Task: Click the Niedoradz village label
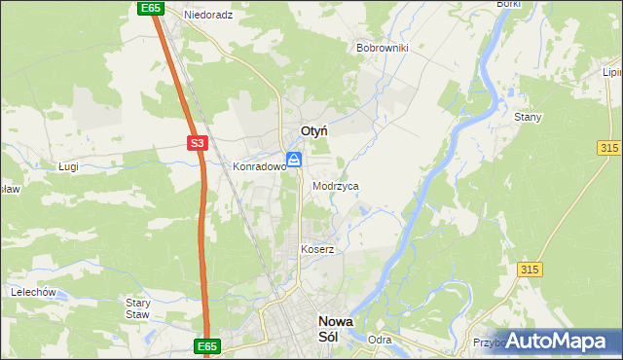(209, 16)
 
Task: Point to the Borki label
(508, 4)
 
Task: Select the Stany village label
(528, 117)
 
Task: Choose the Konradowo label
(258, 166)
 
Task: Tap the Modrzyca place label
(336, 185)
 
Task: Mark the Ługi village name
(67, 166)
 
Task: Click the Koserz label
(317, 249)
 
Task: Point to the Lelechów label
(35, 291)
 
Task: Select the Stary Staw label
(138, 308)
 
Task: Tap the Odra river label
(380, 340)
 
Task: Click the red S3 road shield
(198, 143)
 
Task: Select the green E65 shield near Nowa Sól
(206, 345)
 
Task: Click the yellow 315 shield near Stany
(609, 146)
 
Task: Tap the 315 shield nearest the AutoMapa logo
(530, 269)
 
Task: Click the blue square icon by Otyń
(293, 159)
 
